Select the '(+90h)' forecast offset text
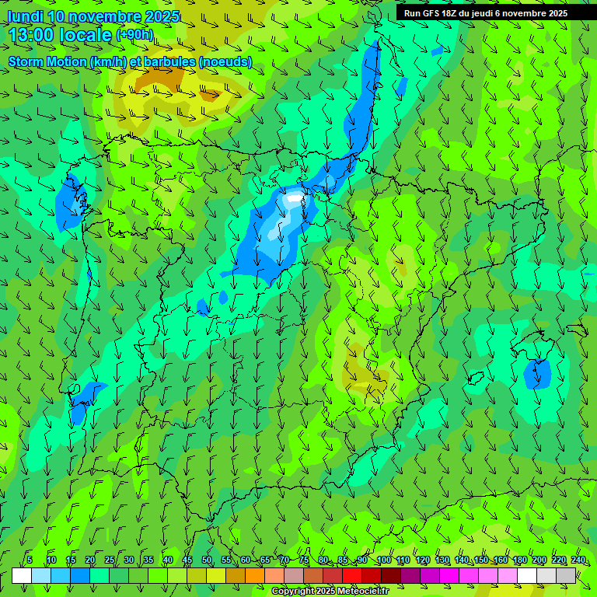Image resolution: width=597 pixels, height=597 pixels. click(x=134, y=34)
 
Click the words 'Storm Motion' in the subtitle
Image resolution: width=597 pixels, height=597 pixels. click(x=47, y=61)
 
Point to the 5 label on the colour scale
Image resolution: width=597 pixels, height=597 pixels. click(x=30, y=560)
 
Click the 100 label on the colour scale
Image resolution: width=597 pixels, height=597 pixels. click(x=383, y=560)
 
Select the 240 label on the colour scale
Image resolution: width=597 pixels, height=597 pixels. click(x=578, y=560)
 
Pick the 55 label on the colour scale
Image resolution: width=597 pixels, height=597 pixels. click(x=226, y=560)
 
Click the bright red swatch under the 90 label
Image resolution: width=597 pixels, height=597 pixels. click(x=352, y=575)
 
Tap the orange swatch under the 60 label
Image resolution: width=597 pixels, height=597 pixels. click(x=236, y=575)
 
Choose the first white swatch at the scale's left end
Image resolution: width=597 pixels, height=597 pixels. click(x=22, y=575)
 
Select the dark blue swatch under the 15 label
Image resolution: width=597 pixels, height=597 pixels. click(x=80, y=575)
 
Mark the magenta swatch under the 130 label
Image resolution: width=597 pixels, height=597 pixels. click(x=449, y=575)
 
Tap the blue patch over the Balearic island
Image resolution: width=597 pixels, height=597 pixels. click(x=537, y=374)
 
